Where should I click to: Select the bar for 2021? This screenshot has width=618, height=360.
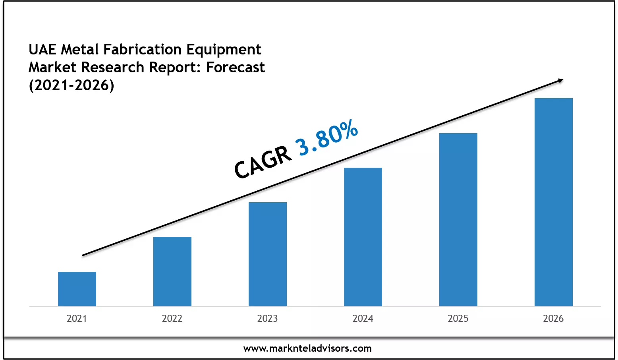point(77,289)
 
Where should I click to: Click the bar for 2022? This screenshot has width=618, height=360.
point(172,271)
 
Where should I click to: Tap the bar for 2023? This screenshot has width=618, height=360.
point(268,254)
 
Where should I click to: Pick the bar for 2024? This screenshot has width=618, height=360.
point(363,237)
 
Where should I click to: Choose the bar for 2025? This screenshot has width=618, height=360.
point(458,219)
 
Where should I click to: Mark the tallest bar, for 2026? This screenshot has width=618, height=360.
point(554,202)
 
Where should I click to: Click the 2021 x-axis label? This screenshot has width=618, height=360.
point(77,318)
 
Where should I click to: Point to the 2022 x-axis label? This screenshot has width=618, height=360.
point(172,318)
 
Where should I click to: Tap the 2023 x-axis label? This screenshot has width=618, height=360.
point(267,318)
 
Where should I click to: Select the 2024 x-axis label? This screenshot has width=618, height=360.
point(363,318)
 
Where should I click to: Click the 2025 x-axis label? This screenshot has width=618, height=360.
point(458,318)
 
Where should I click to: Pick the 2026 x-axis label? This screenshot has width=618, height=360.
point(553,318)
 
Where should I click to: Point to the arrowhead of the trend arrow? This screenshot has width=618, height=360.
point(560,81)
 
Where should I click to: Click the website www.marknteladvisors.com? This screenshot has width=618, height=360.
point(307,348)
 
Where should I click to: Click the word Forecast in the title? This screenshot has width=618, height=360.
point(235,68)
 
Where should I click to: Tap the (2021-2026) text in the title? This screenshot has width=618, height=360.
point(71,85)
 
